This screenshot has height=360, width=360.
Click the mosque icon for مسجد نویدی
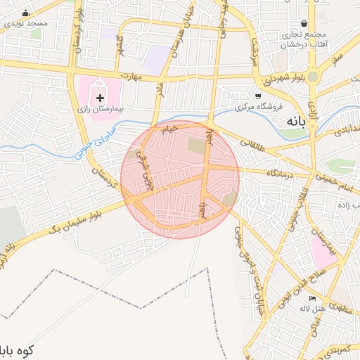26,13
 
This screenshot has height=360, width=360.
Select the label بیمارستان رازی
100,110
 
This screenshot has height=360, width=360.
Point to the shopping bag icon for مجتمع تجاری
303,23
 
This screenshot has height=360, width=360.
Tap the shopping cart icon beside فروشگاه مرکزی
259,96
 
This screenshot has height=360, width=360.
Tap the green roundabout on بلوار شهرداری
313,75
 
